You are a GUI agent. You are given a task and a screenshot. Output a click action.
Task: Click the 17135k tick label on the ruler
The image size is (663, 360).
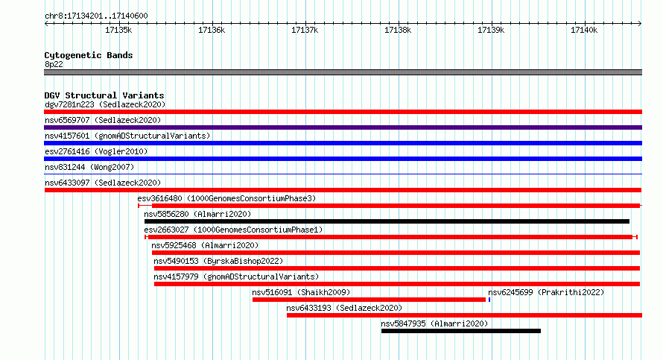coord(118,30)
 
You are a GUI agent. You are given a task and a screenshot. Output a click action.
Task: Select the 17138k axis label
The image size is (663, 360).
coord(398,30)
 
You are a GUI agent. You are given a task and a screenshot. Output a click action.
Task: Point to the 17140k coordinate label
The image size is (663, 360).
coord(584,30)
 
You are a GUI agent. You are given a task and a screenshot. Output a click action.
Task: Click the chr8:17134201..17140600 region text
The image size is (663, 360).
coord(96,16)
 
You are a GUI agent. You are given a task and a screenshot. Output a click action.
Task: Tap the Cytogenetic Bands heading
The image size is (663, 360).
coord(89,55)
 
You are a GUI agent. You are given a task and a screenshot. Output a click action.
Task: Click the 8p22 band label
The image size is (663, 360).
coord(54,64)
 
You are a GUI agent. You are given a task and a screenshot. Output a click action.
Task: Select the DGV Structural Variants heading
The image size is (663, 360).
coord(104,95)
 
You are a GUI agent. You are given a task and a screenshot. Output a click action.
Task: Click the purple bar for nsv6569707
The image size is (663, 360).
coord(343,127)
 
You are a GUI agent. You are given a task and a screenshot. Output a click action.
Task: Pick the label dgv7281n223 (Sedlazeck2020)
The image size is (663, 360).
coord(105,104)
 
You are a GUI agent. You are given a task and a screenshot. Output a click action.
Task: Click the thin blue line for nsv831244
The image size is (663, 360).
coord(343,174)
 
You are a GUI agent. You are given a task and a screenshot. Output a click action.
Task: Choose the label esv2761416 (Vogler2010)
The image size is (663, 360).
coord(96,151)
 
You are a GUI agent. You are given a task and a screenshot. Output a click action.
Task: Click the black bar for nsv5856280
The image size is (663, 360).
coord(387,221)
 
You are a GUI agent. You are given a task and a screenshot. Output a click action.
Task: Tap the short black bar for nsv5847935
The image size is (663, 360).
coord(461,331)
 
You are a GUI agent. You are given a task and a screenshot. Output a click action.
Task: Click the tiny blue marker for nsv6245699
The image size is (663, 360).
coord(489,300)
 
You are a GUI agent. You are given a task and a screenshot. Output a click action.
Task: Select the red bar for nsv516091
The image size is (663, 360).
coord(369,300)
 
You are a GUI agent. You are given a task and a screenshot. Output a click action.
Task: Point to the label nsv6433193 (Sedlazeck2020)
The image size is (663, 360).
coord(344,308)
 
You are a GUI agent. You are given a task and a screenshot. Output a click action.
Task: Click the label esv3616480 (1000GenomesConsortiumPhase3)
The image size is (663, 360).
coord(226,198)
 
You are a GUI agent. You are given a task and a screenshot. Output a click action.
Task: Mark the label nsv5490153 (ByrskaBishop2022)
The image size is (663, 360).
coord(218,261)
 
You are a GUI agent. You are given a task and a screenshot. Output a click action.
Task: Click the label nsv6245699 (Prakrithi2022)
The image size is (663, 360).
coord(546,292)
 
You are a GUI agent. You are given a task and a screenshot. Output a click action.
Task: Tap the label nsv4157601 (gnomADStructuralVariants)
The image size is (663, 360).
coord(127,136)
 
